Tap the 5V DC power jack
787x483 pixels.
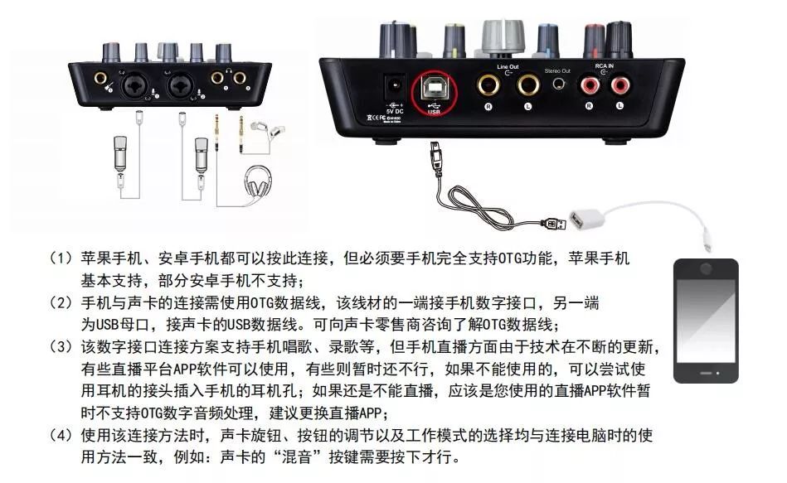click(x=395, y=85)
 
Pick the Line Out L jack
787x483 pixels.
click(x=527, y=85)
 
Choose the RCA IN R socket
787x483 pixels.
click(x=590, y=85)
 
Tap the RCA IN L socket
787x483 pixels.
click(x=619, y=85)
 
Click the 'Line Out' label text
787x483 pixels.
click(x=508, y=65)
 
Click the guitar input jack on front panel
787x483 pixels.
click(x=100, y=80)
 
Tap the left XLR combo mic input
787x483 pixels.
click(x=133, y=85)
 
